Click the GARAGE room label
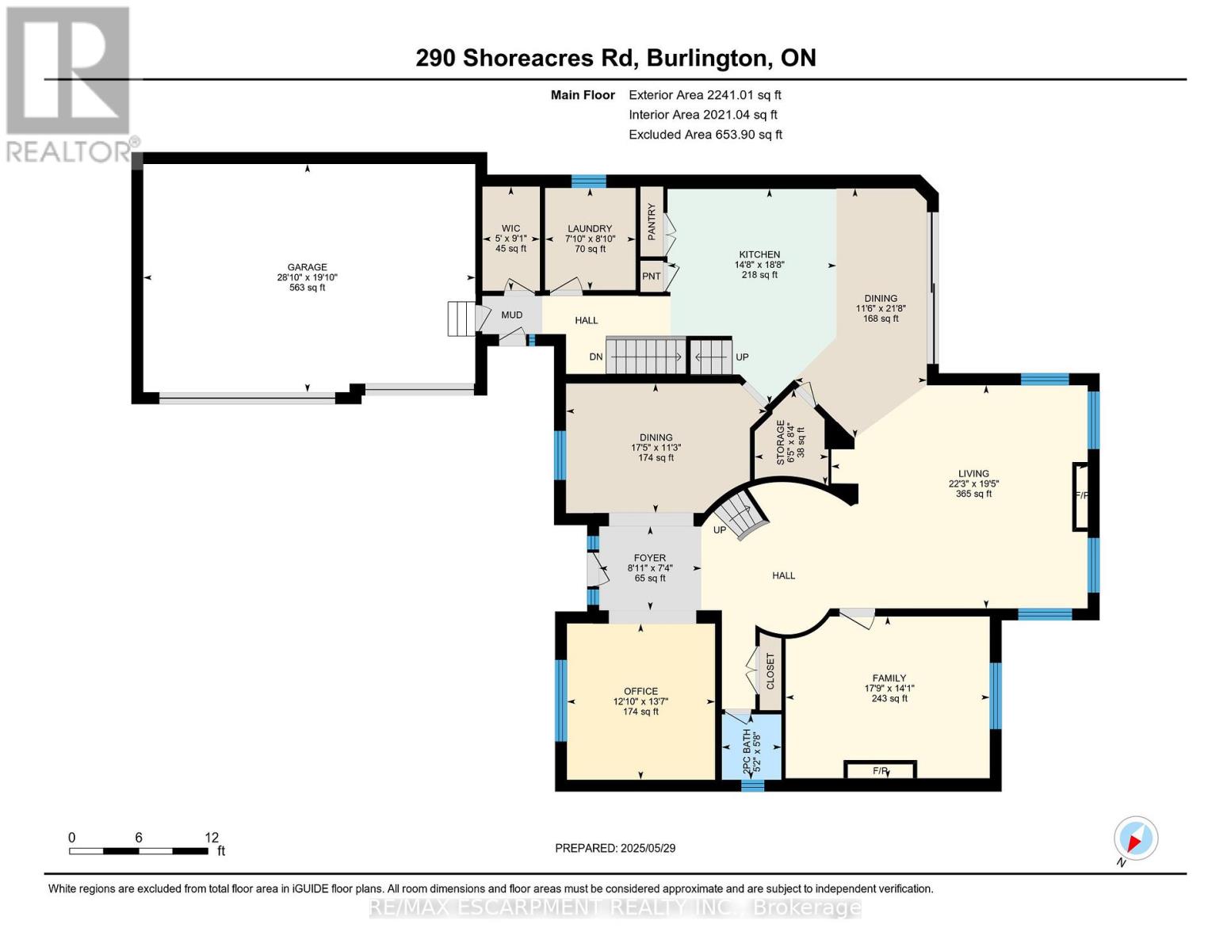point(307,268)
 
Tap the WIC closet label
point(510,229)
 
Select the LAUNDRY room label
point(589,229)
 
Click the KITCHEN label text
point(759,255)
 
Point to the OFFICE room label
point(640,692)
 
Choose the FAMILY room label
point(889,678)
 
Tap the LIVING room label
point(973,474)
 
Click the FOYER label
point(650,558)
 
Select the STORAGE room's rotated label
point(780,443)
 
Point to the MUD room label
point(511,315)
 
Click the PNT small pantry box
point(652,277)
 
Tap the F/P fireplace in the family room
point(880,770)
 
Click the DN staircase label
point(596,357)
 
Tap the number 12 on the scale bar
point(211,838)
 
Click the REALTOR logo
point(70,83)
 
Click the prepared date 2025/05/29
point(647,848)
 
